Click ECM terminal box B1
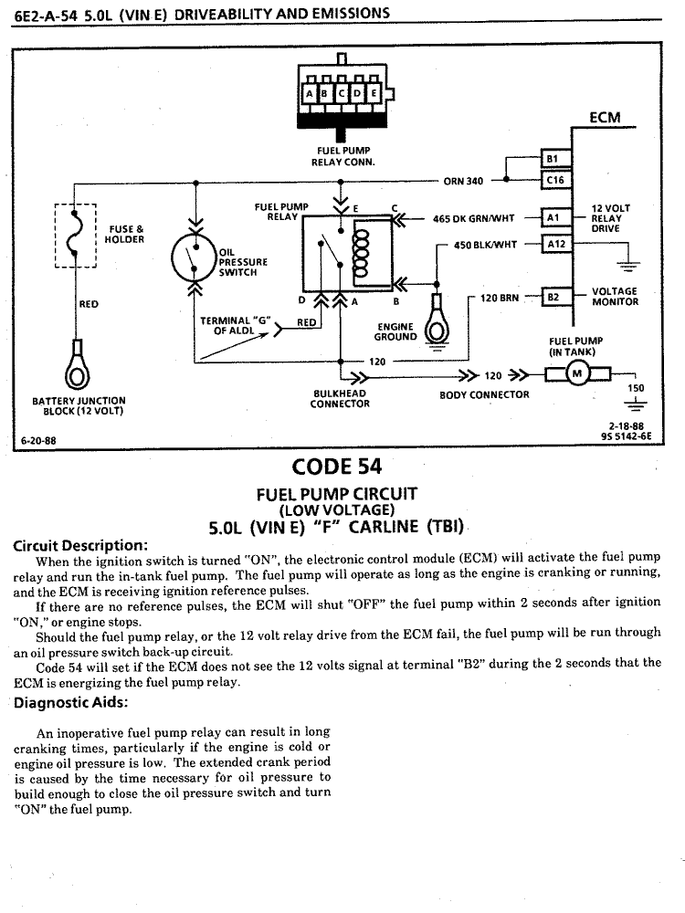tap(553, 157)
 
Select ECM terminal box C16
tap(553, 180)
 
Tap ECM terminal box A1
tap(553, 218)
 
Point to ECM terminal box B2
tap(553, 297)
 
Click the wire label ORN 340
tap(462, 181)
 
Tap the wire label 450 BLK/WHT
tap(485, 244)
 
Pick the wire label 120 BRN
tap(499, 298)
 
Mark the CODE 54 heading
tap(336, 467)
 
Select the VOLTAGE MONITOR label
tap(615, 297)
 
